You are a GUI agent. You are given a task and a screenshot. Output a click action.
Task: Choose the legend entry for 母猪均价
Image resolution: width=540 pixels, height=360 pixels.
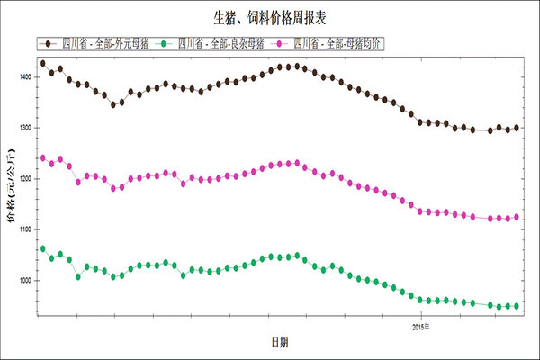[337, 42]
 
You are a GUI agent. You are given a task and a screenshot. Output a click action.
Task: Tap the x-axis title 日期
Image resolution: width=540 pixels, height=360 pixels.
[281, 342]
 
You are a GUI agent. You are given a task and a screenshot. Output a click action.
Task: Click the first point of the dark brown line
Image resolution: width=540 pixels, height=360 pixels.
[42, 63]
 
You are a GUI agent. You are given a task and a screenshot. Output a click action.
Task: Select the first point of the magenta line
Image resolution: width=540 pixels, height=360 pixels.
[42, 157]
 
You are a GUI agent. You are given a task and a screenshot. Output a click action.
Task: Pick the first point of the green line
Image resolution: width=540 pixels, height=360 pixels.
[42, 248]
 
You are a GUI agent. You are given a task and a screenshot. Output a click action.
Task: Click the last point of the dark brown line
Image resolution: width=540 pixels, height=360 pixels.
[516, 128]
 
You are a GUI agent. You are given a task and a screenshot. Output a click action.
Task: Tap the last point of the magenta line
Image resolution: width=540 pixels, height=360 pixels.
[516, 217]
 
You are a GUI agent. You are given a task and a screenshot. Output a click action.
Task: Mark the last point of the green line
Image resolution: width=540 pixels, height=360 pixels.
[516, 306]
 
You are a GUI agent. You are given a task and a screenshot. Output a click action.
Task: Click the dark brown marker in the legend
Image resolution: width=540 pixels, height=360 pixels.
[46, 42]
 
